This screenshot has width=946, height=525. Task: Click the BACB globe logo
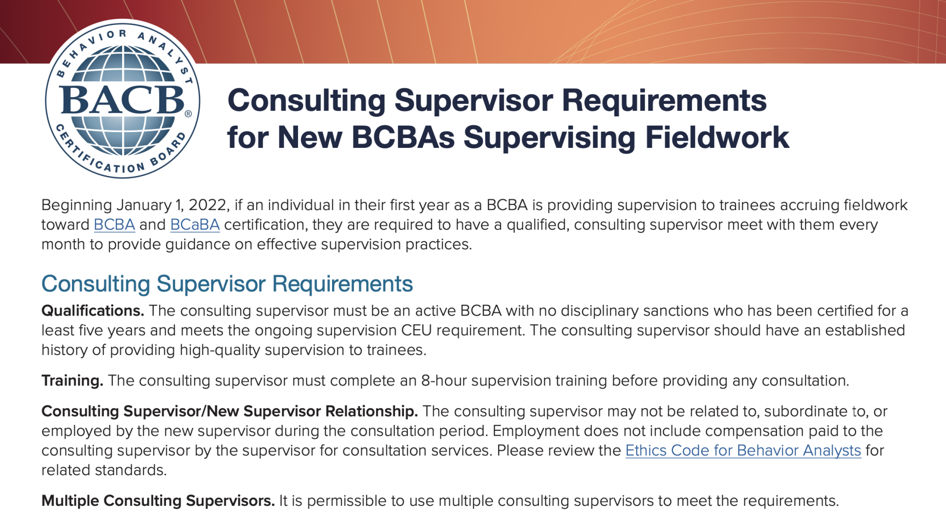tap(123, 100)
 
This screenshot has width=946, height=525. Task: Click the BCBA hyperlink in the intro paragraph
tap(114, 225)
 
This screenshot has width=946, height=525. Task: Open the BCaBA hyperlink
tap(195, 225)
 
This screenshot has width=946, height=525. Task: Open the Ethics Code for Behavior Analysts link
tap(743, 451)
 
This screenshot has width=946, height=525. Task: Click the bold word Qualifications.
tap(93, 311)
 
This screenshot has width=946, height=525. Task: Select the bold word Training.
tap(72, 381)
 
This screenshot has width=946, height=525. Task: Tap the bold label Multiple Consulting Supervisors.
tap(158, 501)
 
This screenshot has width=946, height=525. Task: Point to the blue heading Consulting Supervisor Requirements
tap(227, 284)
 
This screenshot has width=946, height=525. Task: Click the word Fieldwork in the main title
tap(717, 137)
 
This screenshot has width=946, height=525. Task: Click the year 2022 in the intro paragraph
tap(209, 205)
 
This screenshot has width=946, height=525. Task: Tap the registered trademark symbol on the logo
tap(188, 114)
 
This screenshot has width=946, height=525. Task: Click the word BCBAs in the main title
tap(404, 137)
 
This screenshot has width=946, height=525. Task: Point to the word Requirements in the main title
tap(664, 101)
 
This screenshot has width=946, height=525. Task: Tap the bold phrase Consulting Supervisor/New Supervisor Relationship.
tap(230, 412)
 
